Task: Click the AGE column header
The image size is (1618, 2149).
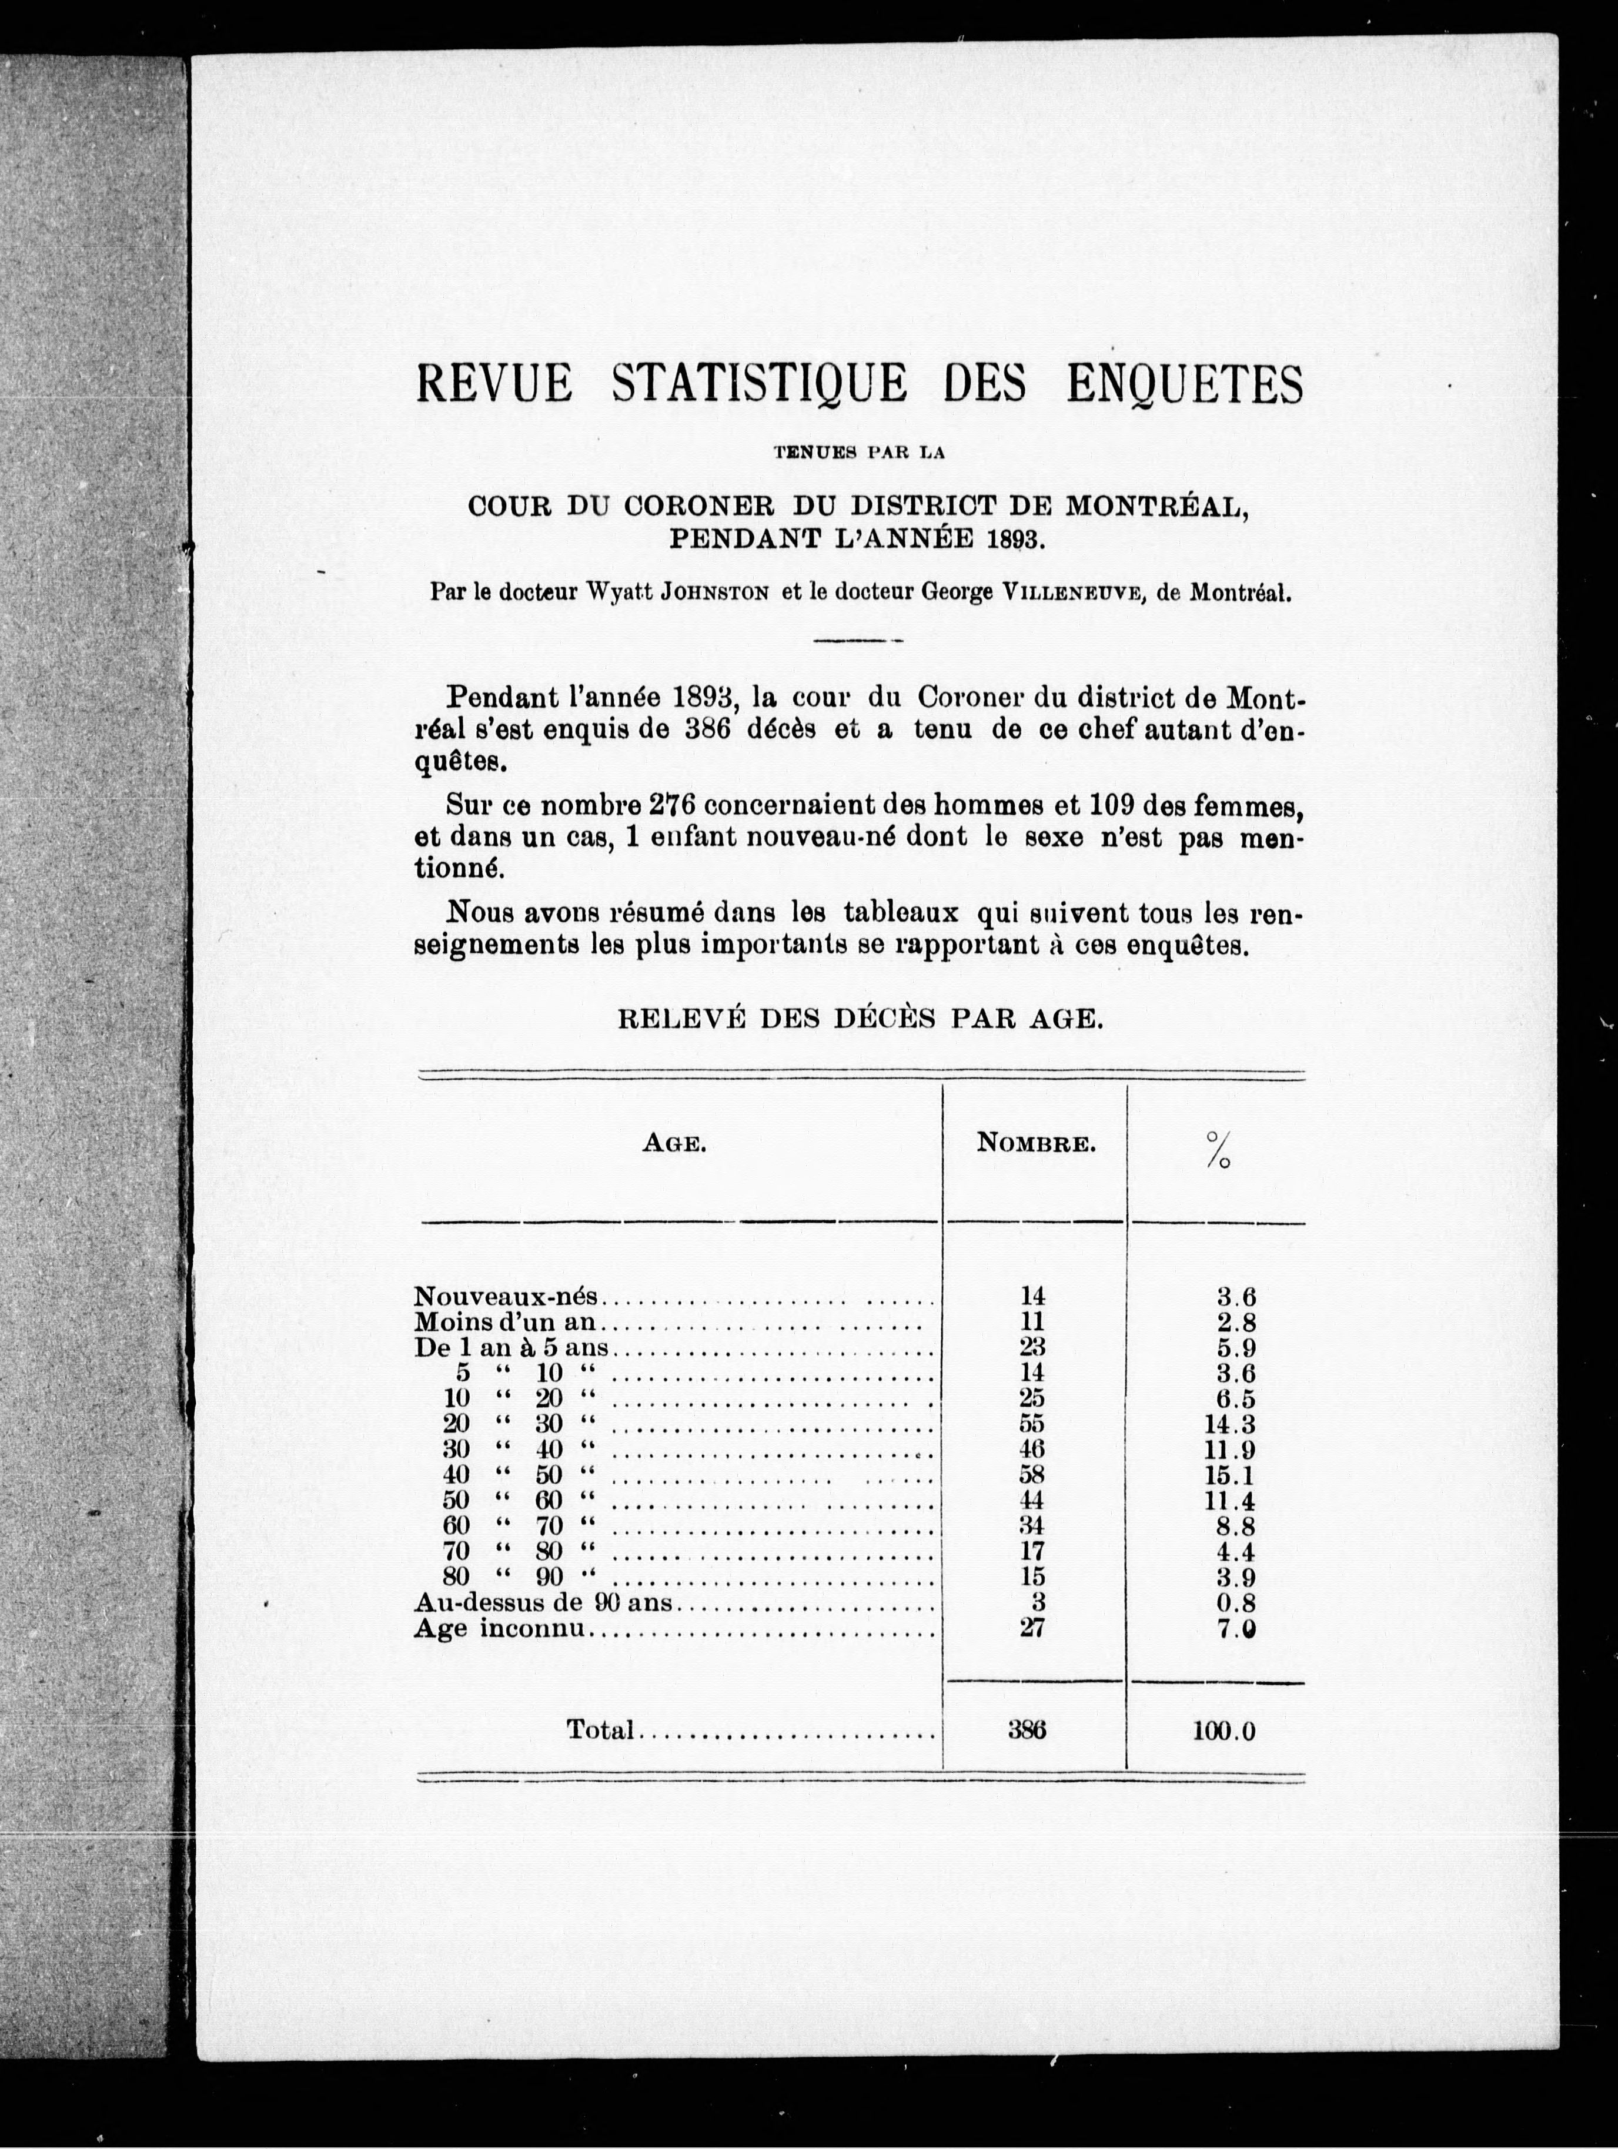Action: pyautogui.click(x=673, y=1144)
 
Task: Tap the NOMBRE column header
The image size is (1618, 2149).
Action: pyautogui.click(x=1036, y=1144)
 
